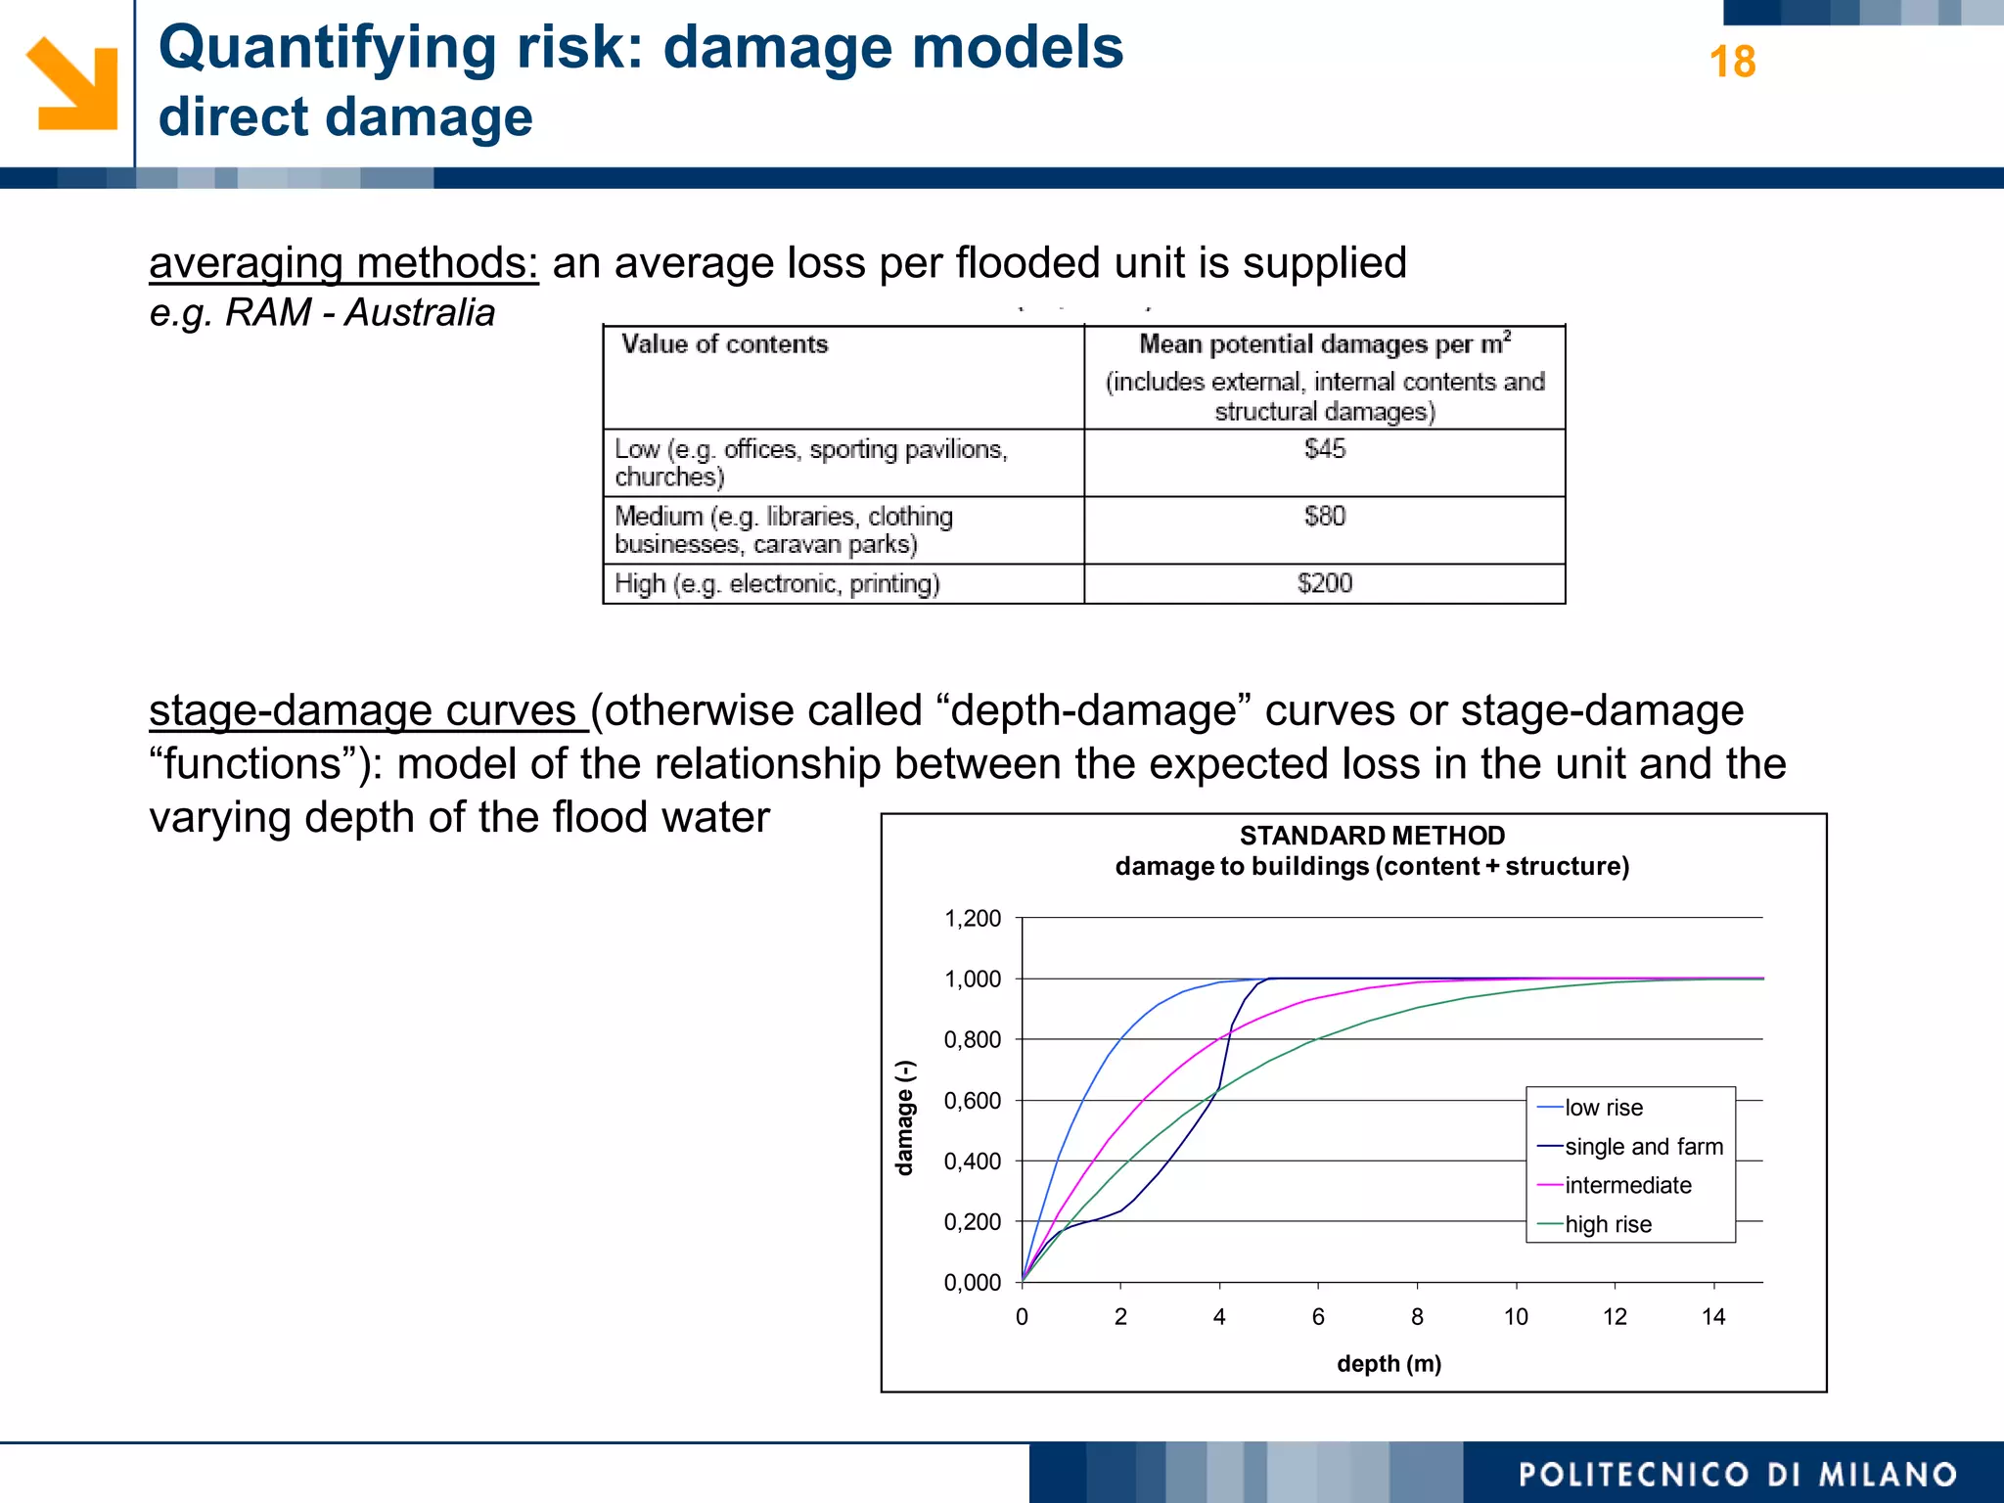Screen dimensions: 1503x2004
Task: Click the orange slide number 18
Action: pyautogui.click(x=1731, y=63)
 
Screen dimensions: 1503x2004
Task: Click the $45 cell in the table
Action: pyautogui.click(x=1324, y=449)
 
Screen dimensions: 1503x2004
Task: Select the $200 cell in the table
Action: pyautogui.click(x=1324, y=584)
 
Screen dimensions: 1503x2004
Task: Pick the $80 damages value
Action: pyautogui.click(x=1324, y=517)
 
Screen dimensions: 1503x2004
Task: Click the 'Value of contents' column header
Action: pyautogui.click(x=725, y=344)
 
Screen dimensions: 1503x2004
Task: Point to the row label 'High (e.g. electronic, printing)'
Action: pyautogui.click(x=777, y=584)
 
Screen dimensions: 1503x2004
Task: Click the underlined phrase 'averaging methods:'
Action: pyautogui.click(x=343, y=263)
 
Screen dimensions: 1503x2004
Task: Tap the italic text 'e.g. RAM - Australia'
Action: pyautogui.click(x=322, y=313)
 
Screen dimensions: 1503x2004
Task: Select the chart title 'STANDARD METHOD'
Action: pyautogui.click(x=1372, y=836)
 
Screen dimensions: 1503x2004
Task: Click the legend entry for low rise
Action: pyautogui.click(x=1603, y=1108)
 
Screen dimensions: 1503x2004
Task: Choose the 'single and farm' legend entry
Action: pyautogui.click(x=1643, y=1147)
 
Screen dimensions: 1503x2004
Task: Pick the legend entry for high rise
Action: pyautogui.click(x=1607, y=1224)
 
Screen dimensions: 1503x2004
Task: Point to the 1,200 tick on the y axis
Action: pyautogui.click(x=972, y=919)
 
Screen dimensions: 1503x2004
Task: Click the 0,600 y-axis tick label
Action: pyautogui.click(x=972, y=1101)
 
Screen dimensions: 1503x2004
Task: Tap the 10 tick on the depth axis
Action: pyautogui.click(x=1516, y=1317)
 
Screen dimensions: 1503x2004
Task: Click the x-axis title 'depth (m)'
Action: pyautogui.click(x=1389, y=1364)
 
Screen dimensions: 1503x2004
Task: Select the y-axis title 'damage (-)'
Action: pyautogui.click(x=905, y=1117)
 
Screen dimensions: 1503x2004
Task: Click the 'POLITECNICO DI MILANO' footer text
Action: pyautogui.click(x=1737, y=1475)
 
